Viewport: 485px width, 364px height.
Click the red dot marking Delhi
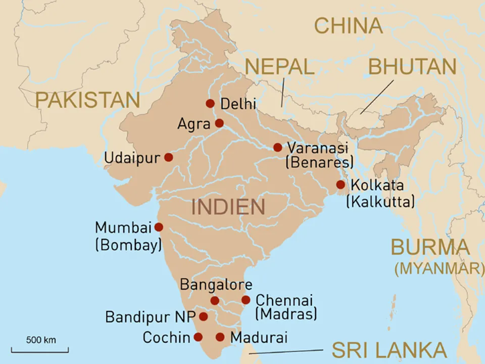pos(210,104)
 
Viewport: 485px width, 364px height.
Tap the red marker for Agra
pos(219,123)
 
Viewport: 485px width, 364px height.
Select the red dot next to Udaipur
pos(169,157)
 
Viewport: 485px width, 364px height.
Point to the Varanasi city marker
pos(278,148)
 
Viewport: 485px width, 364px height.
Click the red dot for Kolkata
pos(341,185)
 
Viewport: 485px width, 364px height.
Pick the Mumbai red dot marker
pos(159,227)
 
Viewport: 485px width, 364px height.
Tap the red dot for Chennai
pos(246,300)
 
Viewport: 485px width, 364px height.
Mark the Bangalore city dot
pos(215,301)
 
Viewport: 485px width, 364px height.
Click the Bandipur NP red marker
pos(203,317)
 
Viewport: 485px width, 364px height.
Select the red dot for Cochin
pos(198,337)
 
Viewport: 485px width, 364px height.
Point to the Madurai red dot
pos(220,337)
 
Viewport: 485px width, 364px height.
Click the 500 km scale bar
pos(40,349)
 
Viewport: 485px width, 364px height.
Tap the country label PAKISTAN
pos(87,100)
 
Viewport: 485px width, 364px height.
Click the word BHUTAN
pos(412,67)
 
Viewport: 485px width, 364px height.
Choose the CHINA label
pos(349,26)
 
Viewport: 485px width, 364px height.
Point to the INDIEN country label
pos(228,207)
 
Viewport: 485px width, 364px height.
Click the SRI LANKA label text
pos(389,350)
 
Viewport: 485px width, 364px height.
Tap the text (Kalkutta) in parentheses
pos(380,202)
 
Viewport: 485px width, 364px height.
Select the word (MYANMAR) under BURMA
pos(439,268)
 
